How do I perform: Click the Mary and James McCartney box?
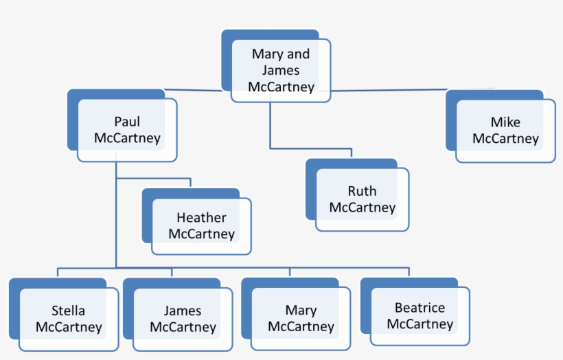click(x=281, y=70)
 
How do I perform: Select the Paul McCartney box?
click(x=127, y=130)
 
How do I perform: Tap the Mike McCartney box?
click(x=505, y=131)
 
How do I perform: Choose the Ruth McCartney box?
click(x=362, y=199)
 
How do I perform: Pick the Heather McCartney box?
click(x=201, y=226)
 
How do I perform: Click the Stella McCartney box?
click(x=69, y=319)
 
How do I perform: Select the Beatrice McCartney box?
click(x=420, y=315)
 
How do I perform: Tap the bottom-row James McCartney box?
click(x=183, y=319)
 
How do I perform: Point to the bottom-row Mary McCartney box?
click(x=301, y=319)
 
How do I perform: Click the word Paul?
click(x=127, y=122)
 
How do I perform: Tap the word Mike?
click(x=505, y=122)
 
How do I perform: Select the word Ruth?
click(x=362, y=191)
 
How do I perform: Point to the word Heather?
click(x=201, y=218)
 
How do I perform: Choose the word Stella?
click(x=69, y=311)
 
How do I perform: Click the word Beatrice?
click(x=420, y=308)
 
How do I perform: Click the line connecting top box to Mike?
click(x=388, y=90)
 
